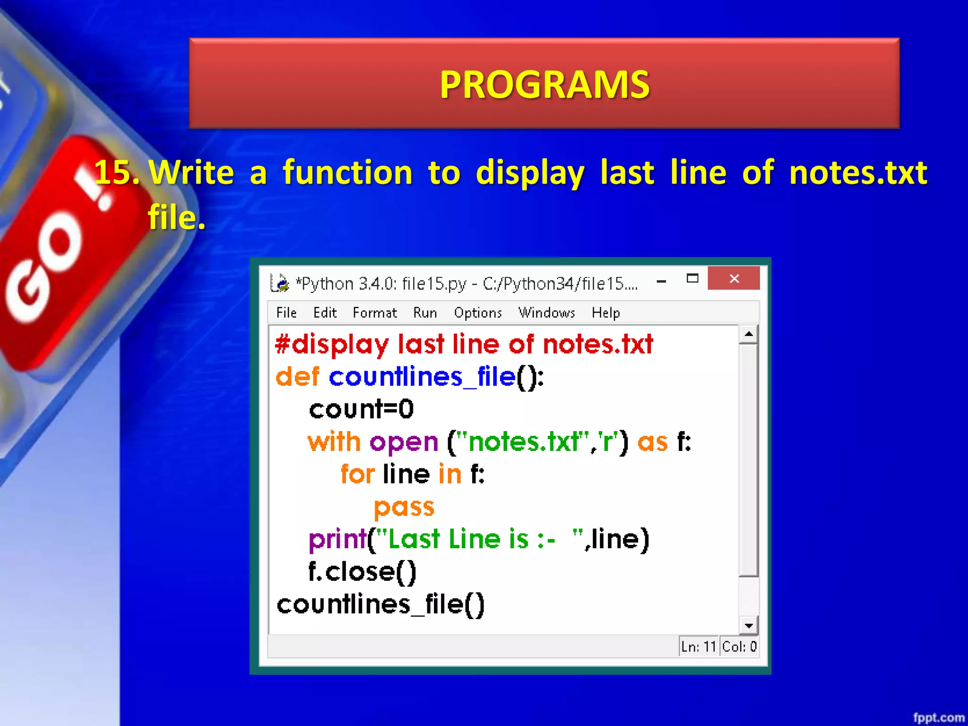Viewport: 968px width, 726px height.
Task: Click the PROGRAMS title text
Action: (544, 85)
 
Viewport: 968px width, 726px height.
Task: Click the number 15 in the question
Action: (116, 172)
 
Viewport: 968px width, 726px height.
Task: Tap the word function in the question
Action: (347, 172)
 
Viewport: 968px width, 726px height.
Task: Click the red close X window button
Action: (734, 278)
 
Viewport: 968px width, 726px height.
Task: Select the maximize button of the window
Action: (692, 278)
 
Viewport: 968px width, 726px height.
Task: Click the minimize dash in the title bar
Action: (662, 281)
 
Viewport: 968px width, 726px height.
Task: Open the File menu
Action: (286, 313)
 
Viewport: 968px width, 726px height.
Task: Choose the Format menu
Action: (375, 313)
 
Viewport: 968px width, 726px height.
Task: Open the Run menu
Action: (425, 313)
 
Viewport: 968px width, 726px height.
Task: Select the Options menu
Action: (478, 313)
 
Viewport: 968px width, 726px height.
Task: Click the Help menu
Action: (605, 313)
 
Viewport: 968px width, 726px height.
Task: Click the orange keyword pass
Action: (404, 508)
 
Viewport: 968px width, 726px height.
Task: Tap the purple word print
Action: (337, 540)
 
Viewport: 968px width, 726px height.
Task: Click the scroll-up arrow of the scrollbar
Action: (749, 334)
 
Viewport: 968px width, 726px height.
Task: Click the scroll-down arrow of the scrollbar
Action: (749, 626)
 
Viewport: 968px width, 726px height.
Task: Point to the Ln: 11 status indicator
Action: (699, 647)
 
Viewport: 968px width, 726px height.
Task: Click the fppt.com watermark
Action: (939, 717)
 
